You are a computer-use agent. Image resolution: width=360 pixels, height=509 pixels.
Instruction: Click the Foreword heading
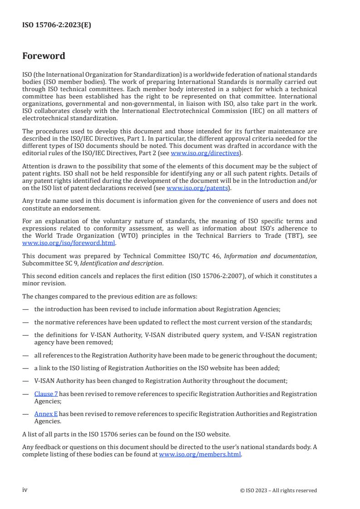tap(44, 56)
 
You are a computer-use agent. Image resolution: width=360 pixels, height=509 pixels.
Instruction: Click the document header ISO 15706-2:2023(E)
tap(57, 25)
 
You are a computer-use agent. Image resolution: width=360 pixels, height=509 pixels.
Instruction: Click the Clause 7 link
tap(46, 394)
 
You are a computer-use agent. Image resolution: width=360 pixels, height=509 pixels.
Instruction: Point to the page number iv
tap(25, 489)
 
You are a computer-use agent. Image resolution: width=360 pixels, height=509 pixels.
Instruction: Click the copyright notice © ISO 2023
tap(278, 490)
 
